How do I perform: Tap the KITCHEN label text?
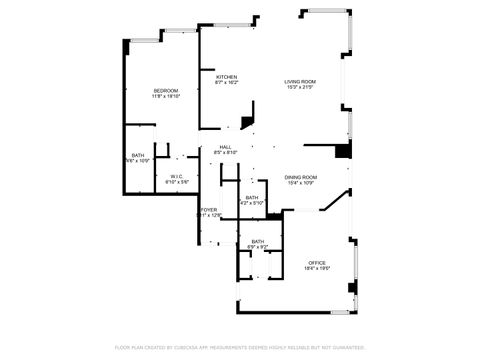coord(227,77)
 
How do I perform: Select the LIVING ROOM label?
coord(300,82)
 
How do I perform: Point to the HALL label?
coord(226,146)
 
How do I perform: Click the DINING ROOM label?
coord(300,176)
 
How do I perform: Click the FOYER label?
coord(208,209)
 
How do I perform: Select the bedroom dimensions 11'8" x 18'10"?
coord(165,97)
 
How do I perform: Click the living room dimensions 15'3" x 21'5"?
coord(300,88)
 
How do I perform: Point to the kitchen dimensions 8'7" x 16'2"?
coord(227,83)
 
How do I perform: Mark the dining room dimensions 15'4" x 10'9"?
coord(300,182)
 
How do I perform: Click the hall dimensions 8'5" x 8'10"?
coord(226,152)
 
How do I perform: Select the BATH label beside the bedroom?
coord(137,154)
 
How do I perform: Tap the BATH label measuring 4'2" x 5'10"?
coord(252,197)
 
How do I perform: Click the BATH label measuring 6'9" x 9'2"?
coord(258,241)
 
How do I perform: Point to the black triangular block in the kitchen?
coord(246,122)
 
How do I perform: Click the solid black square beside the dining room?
coord(343,152)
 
